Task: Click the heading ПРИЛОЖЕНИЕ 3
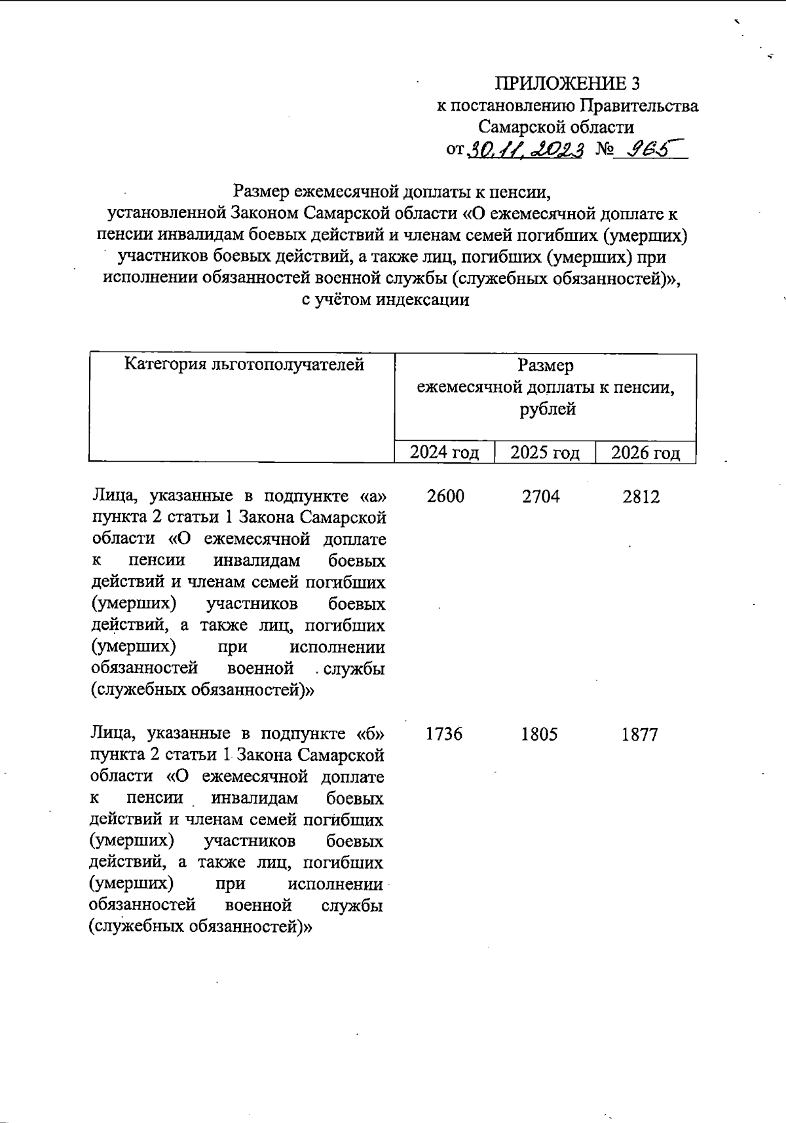pyautogui.click(x=567, y=83)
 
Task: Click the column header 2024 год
pyautogui.click(x=444, y=452)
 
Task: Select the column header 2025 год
pyautogui.click(x=545, y=452)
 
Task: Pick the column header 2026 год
pyautogui.click(x=645, y=452)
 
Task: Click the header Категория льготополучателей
pyautogui.click(x=244, y=365)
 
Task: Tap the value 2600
pyautogui.click(x=445, y=496)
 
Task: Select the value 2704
pyautogui.click(x=541, y=496)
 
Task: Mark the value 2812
pyautogui.click(x=641, y=497)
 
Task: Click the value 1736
pyautogui.click(x=444, y=734)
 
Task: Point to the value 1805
pyautogui.click(x=540, y=734)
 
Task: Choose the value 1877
pyautogui.click(x=640, y=735)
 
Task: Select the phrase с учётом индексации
pyautogui.click(x=385, y=300)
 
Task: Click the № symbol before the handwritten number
pyautogui.click(x=605, y=150)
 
